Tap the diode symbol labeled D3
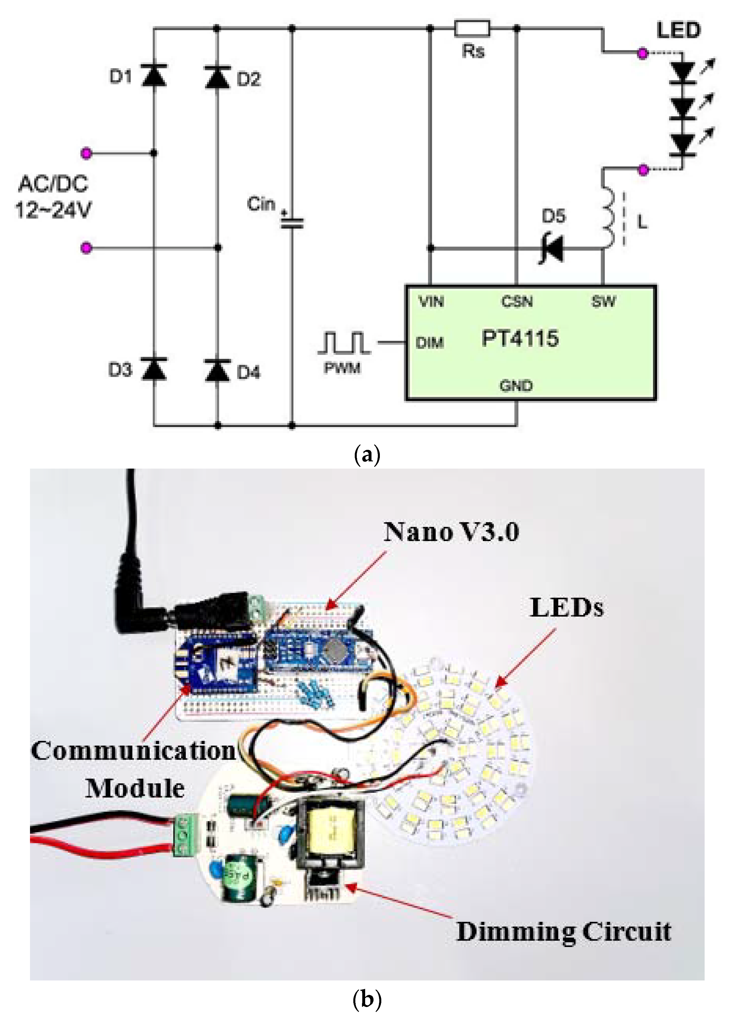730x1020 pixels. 154,368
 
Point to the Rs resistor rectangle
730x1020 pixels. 472,28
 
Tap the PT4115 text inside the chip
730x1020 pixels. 520,338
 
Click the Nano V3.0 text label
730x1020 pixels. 451,532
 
